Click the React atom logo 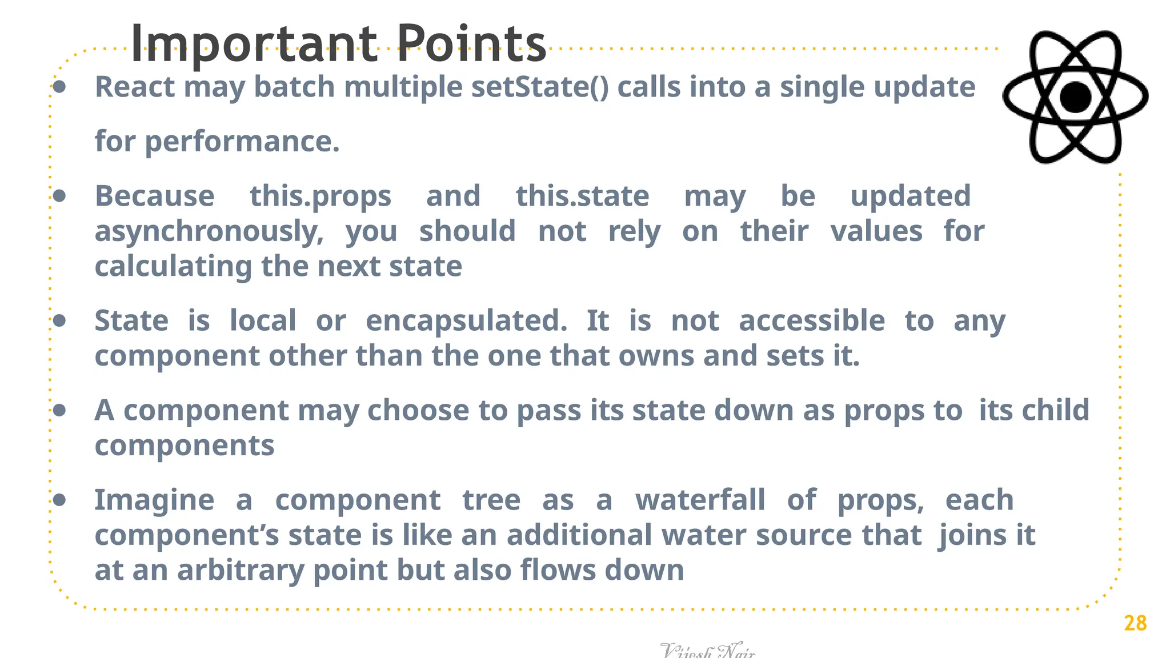[x=1075, y=97]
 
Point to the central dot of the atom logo [x=1075, y=97]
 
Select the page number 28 [x=1135, y=623]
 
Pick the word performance [x=242, y=142]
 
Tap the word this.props [x=320, y=196]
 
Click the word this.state [x=582, y=196]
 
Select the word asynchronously [x=209, y=232]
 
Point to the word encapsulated [x=466, y=321]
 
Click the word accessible [x=812, y=321]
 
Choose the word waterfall [x=700, y=500]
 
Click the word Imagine [x=154, y=500]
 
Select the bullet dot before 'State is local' [x=59, y=321]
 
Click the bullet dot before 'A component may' [x=59, y=410]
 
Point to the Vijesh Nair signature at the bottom [x=707, y=651]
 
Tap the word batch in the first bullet [x=294, y=87]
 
